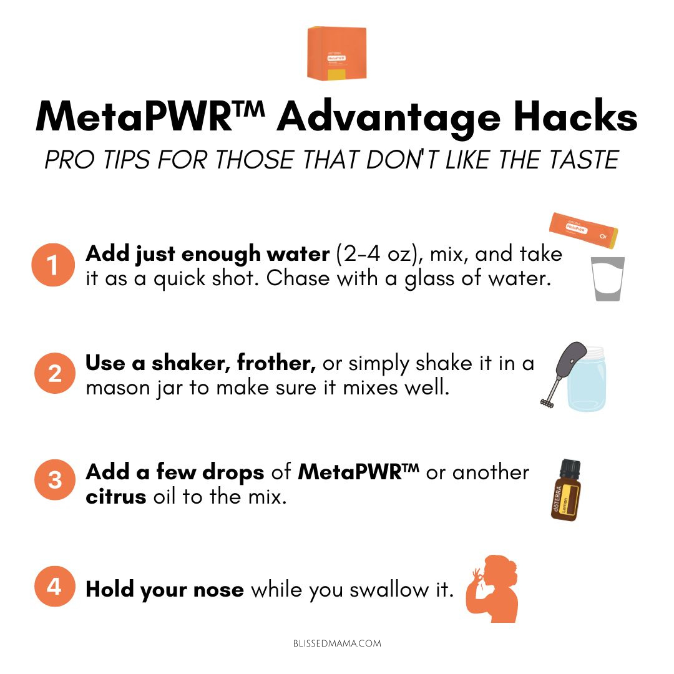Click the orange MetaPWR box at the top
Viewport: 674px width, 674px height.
[336, 53]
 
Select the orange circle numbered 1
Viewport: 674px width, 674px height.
[53, 265]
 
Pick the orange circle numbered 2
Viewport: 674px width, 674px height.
[54, 373]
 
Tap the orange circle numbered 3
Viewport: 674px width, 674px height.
[54, 480]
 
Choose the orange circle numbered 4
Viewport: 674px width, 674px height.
[54, 586]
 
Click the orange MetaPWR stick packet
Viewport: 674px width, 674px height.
[584, 230]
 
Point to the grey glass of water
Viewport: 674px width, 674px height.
[607, 279]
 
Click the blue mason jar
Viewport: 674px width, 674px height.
[587, 380]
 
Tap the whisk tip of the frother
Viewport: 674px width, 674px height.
[546, 403]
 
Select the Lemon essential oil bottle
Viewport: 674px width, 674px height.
[565, 490]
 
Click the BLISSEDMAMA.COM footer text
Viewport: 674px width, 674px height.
[337, 643]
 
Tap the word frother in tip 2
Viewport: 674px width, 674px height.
[276, 363]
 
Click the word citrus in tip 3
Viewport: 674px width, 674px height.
[116, 497]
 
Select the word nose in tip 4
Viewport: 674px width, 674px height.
[218, 589]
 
